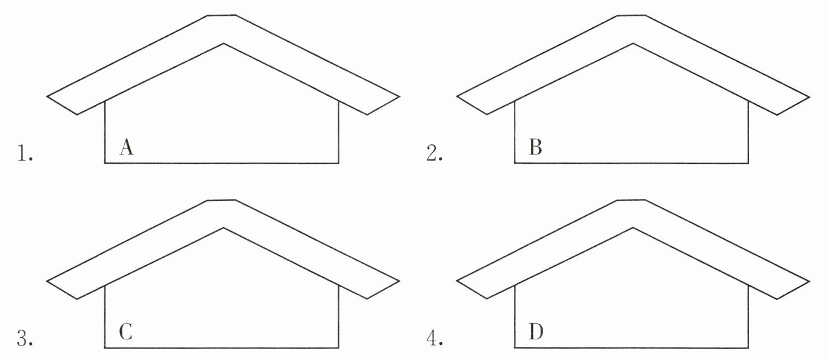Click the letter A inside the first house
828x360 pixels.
pyautogui.click(x=126, y=147)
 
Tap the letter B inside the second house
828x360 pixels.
pyautogui.click(x=535, y=147)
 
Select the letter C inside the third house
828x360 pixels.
pyautogui.click(x=126, y=332)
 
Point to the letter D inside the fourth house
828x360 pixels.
pyautogui.click(x=536, y=332)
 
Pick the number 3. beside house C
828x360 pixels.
pyautogui.click(x=25, y=339)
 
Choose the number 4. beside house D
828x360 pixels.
pyautogui.click(x=434, y=339)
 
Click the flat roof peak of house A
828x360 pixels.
pyautogui.click(x=221, y=15)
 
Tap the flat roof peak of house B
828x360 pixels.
pyautogui.click(x=630, y=15)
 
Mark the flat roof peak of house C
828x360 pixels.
pyautogui.click(x=221, y=200)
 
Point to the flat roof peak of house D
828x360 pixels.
pyautogui.click(x=630, y=200)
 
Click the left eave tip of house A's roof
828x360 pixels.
pyautogui.click(x=48, y=96)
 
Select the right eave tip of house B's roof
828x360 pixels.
pyautogui.click(x=809, y=96)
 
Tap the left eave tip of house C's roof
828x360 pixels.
pyautogui.click(x=48, y=281)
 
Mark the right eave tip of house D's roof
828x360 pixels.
pyautogui.click(x=809, y=281)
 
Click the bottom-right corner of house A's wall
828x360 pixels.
pyautogui.click(x=338, y=163)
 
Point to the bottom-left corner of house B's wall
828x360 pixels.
pyautogui.click(x=515, y=163)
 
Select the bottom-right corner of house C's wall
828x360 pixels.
pyautogui.click(x=338, y=348)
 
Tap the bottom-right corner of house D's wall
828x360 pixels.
pyautogui.click(x=748, y=348)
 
